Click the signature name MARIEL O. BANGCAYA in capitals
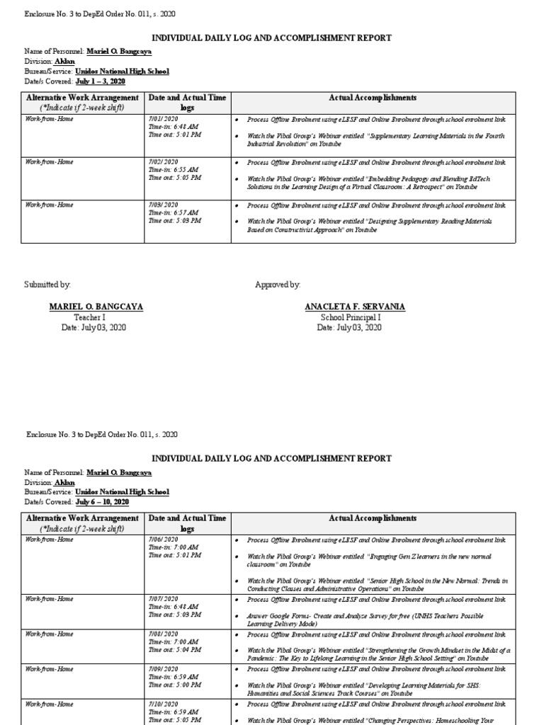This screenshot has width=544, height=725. click(96, 307)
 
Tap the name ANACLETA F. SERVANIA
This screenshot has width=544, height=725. click(355, 307)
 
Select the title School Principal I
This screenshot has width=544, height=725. click(350, 317)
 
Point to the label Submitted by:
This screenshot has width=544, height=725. click(47, 285)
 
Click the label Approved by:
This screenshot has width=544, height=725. click(278, 285)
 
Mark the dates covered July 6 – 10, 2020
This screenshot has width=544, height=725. click(102, 502)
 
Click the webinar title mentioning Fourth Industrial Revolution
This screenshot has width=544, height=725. click(375, 139)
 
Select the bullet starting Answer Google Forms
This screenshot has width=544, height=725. click(368, 620)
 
